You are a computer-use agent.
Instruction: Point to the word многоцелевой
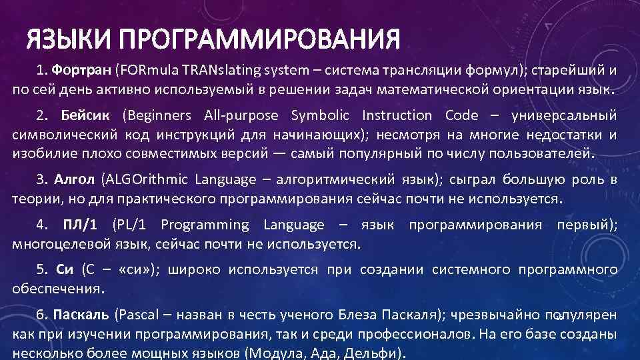click(53, 244)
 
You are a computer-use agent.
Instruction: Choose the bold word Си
click(64, 270)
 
